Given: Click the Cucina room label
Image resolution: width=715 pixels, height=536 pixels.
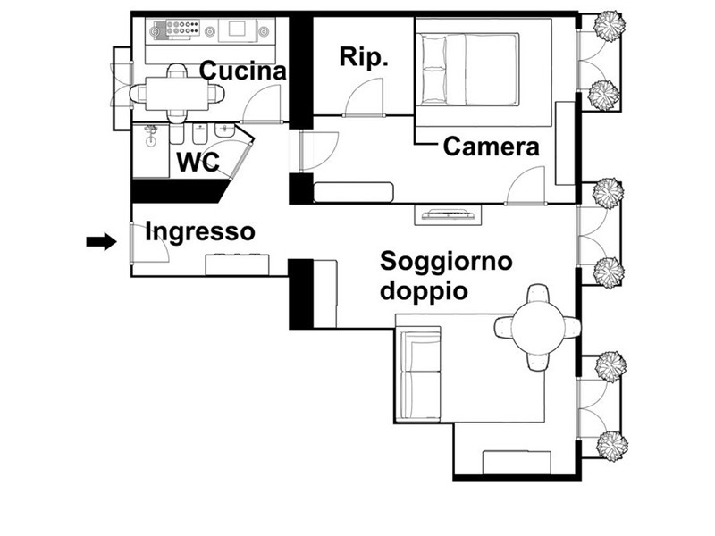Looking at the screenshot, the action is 243,71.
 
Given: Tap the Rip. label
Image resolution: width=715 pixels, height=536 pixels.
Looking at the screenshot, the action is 364,58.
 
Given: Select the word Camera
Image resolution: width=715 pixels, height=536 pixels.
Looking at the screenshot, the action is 491,147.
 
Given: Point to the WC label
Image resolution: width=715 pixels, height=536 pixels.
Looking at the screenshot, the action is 198,162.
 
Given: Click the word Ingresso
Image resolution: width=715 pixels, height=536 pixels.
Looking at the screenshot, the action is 199,232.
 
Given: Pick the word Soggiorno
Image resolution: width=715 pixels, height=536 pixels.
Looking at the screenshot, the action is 446,261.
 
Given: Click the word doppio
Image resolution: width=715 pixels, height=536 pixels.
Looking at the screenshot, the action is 424,291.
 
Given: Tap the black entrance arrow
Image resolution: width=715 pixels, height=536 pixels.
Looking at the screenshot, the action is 101,241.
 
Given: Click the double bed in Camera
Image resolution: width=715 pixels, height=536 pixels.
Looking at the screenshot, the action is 470,70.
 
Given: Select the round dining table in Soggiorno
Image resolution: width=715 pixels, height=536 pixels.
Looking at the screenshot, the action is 538,328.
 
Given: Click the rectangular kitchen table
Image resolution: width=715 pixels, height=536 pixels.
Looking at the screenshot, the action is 177,94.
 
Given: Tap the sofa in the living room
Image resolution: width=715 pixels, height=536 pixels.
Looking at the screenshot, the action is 418,373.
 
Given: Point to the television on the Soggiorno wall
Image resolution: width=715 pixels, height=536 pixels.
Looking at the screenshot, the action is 448,214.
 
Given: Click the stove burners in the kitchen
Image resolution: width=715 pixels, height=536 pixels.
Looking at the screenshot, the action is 182,29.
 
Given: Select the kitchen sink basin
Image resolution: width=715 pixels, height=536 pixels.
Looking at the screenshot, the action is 237,29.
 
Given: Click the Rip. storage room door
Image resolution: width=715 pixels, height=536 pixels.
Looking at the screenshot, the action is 364,98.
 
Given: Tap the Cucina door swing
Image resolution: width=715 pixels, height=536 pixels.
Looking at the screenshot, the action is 260,104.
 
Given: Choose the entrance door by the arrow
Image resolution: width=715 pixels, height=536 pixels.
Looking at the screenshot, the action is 149,243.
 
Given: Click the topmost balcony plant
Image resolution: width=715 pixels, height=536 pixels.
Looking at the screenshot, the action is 608,27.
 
